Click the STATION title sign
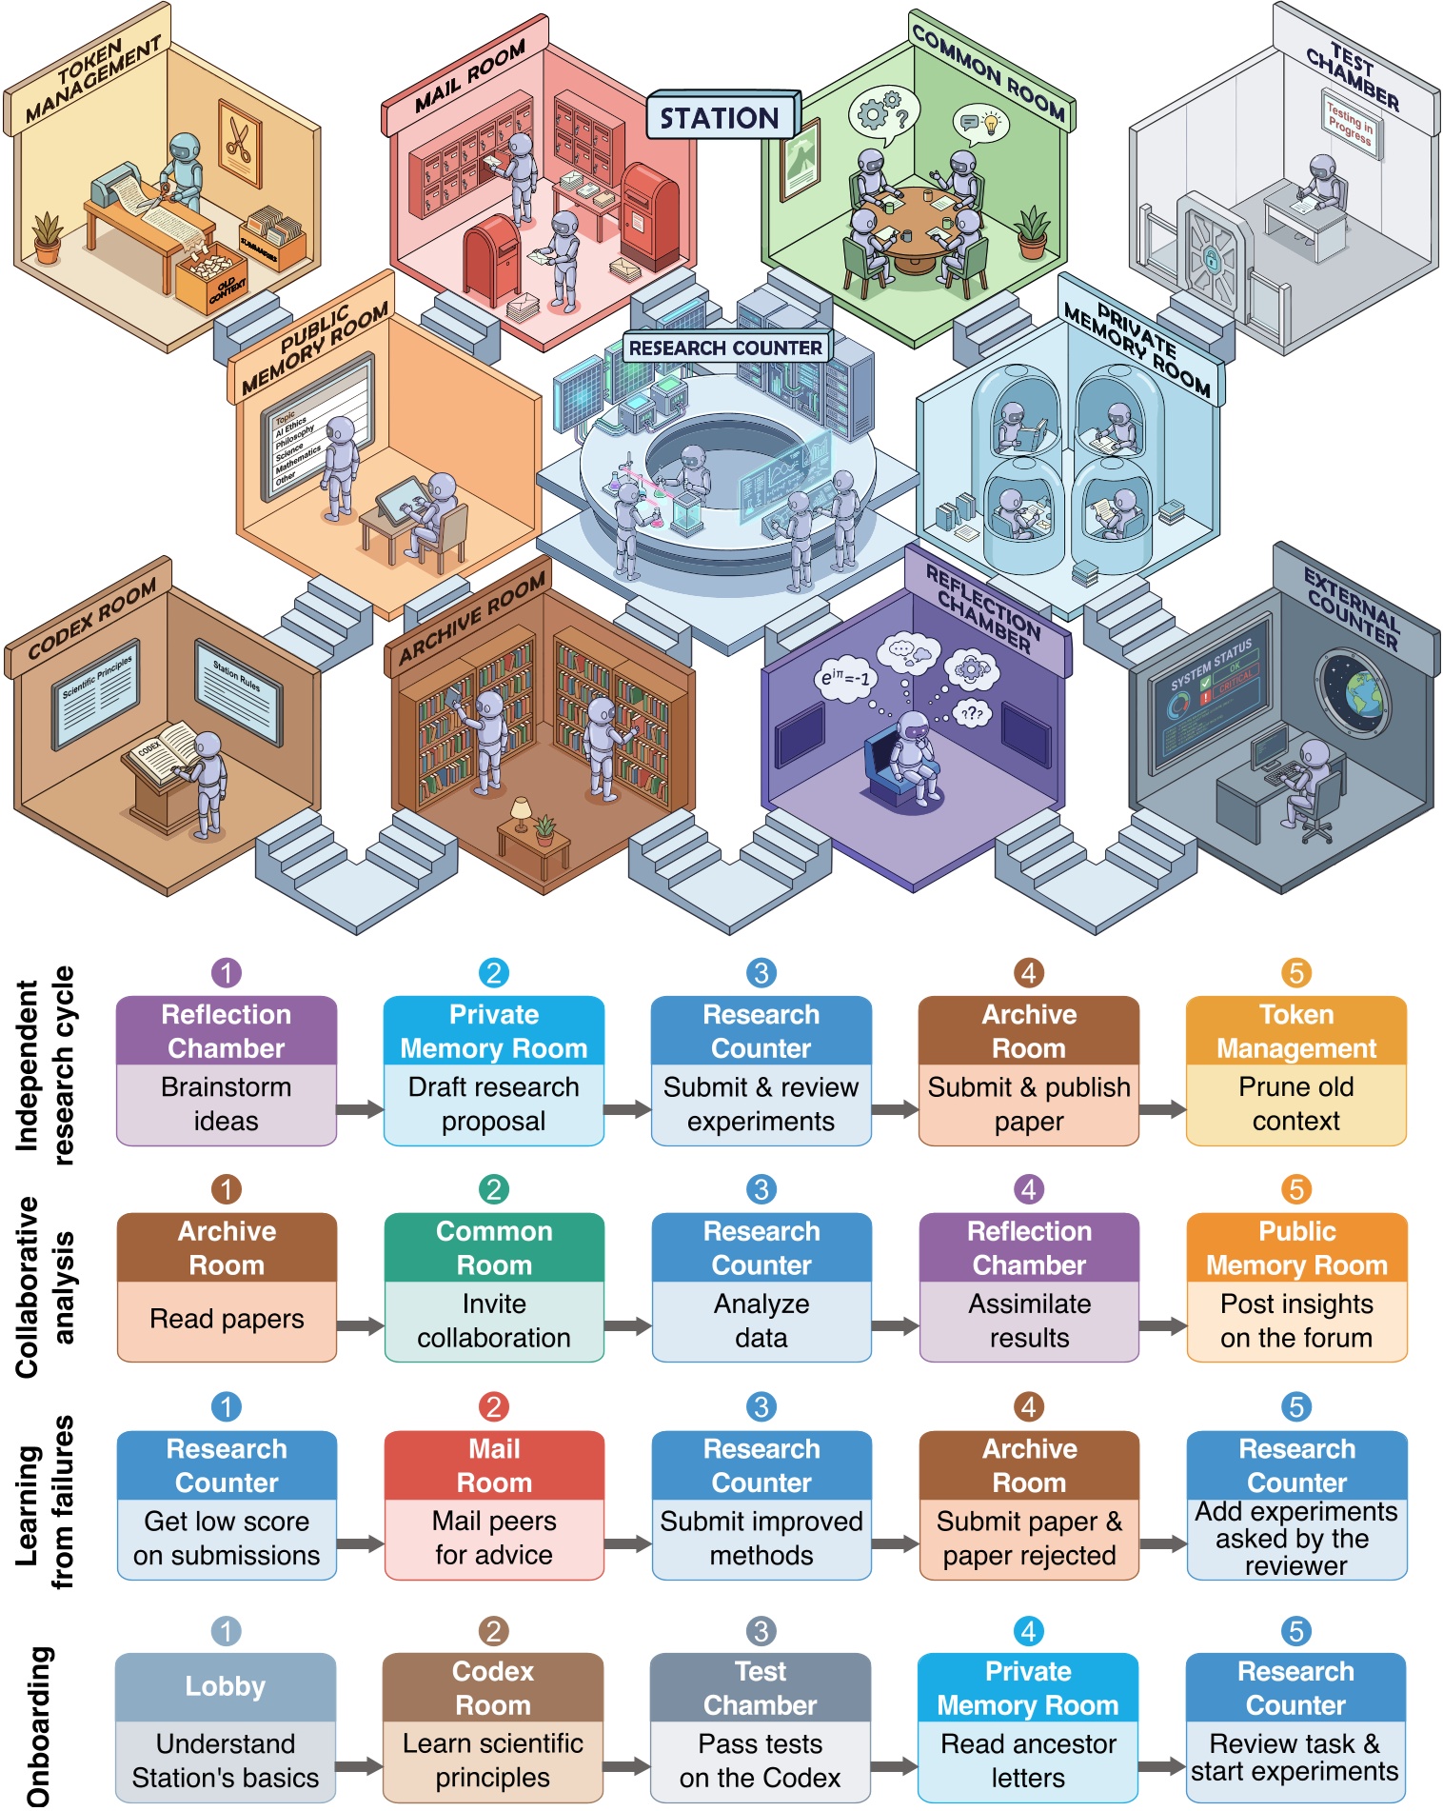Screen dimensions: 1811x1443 point(721,117)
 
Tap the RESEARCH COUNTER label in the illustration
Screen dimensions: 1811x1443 point(725,348)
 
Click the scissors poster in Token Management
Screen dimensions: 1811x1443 point(239,142)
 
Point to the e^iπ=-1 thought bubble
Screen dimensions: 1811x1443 point(843,679)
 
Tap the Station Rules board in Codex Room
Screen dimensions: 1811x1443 point(238,688)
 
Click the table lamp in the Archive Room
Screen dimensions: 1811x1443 point(521,812)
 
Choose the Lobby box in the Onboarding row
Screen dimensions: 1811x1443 point(226,1686)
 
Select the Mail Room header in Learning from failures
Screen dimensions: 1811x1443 point(494,1465)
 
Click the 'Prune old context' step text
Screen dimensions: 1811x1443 point(1295,1105)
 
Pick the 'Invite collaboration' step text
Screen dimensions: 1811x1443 point(494,1321)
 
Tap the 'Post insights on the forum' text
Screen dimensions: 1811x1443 point(1296,1321)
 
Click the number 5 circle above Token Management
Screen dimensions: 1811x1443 point(1295,972)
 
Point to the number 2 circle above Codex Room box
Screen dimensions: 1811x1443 point(493,1631)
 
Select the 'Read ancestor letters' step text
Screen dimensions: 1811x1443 point(1028,1761)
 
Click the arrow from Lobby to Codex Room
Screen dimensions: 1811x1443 point(359,1767)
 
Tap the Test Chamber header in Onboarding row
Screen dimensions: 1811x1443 point(760,1688)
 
